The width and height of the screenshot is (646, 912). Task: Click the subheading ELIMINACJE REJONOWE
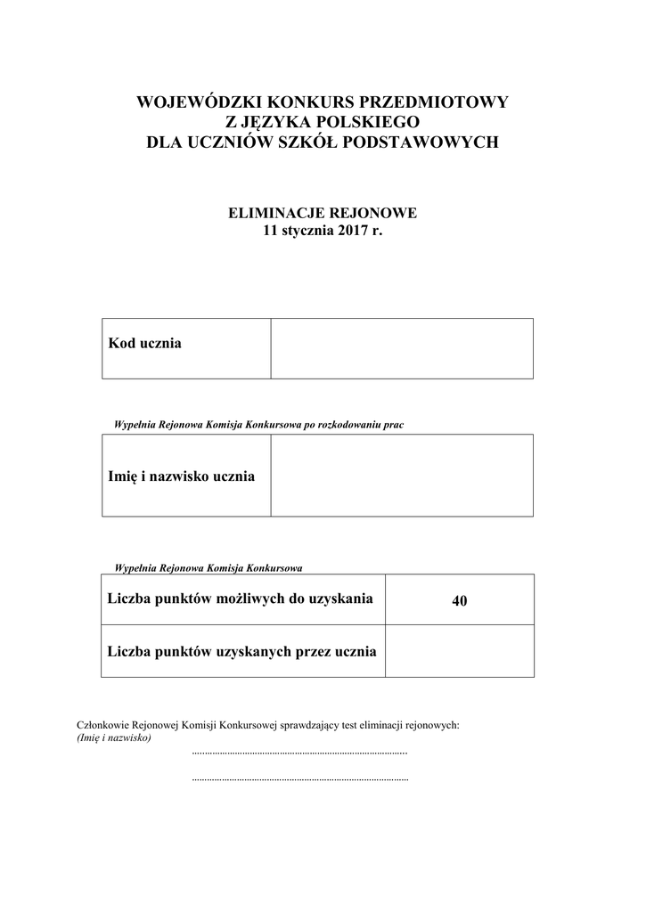(323, 213)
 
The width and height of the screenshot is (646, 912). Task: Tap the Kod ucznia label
(144, 343)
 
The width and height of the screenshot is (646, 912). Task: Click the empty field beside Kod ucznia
(402, 348)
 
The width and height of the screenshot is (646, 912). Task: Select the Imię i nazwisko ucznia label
(181, 476)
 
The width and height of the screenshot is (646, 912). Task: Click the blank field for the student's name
(402, 476)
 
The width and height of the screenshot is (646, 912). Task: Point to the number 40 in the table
(460, 601)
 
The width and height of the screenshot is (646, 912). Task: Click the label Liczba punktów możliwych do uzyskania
(240, 598)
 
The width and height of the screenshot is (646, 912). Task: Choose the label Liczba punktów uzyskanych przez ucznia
(241, 651)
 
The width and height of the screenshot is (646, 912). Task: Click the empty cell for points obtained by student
(460, 651)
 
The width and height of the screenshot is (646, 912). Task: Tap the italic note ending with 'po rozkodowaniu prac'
(259, 425)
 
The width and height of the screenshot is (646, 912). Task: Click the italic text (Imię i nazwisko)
(114, 738)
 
